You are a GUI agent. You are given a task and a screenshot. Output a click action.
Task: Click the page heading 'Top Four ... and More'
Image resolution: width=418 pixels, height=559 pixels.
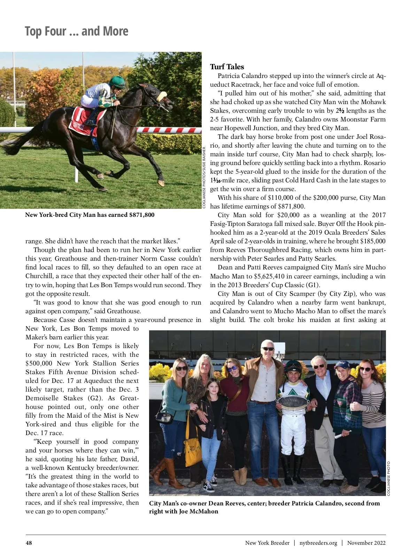click(x=77, y=31)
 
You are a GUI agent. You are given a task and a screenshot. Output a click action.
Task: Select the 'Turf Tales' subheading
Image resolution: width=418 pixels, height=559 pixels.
click(x=227, y=67)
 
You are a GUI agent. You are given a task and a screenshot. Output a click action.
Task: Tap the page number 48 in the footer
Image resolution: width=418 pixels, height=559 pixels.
click(x=29, y=543)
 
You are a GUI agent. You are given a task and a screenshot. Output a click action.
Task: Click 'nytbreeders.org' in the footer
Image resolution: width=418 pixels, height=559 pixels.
click(x=318, y=543)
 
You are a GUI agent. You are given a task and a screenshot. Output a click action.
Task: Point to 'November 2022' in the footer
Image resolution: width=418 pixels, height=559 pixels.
click(x=366, y=543)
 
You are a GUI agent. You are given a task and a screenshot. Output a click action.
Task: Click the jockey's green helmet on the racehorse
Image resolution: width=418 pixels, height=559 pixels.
click(x=117, y=81)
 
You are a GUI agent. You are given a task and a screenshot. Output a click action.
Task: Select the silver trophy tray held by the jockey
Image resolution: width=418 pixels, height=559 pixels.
click(x=293, y=402)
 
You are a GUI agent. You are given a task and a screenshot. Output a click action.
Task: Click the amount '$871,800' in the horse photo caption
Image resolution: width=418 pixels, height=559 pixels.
click(x=141, y=215)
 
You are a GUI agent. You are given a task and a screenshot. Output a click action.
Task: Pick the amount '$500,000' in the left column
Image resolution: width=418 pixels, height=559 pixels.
click(x=39, y=363)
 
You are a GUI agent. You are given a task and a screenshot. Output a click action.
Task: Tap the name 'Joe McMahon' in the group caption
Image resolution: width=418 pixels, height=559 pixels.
click(x=199, y=511)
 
